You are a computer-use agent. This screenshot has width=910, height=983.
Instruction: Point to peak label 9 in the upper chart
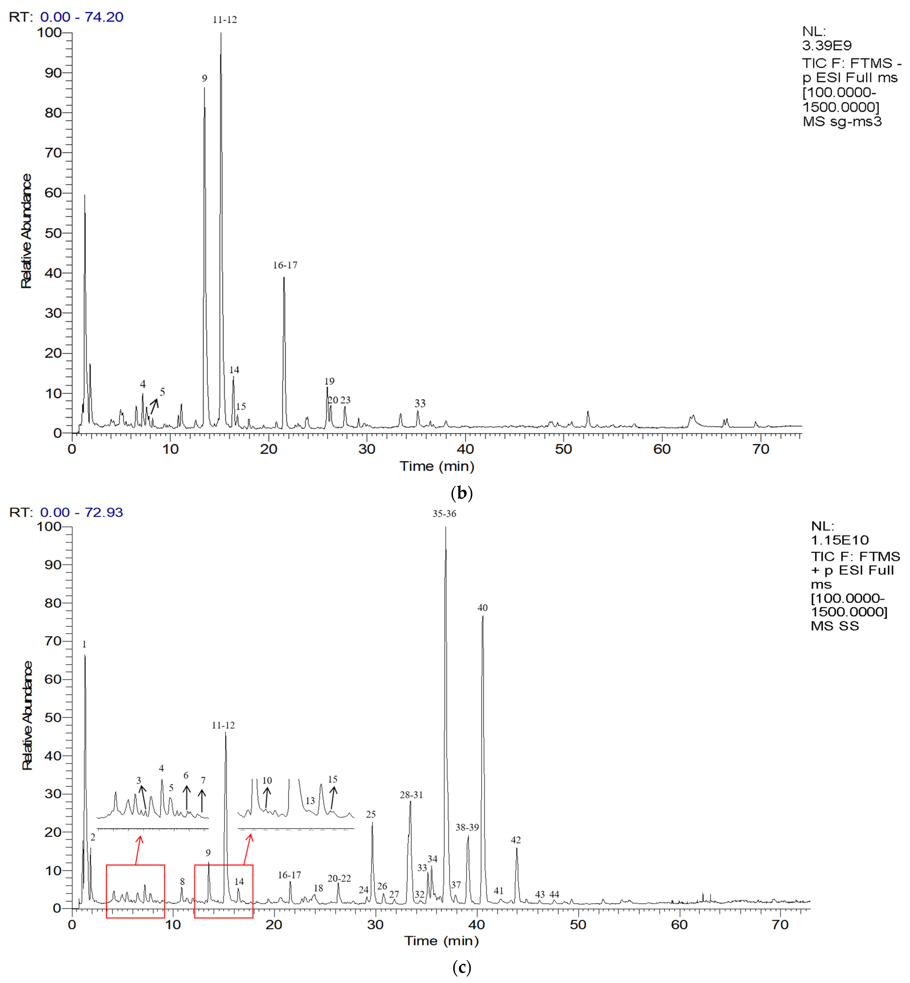204,78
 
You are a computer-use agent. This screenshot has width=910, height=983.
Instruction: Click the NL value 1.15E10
840,540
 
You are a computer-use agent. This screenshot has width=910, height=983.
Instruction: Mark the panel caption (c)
461,967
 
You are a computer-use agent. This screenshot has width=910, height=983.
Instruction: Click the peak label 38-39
467,827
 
